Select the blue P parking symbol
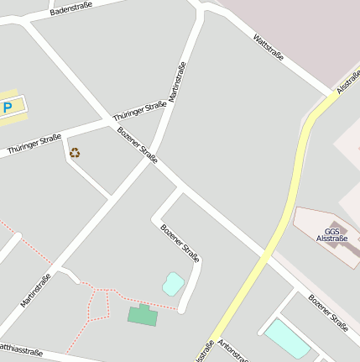pyautogui.click(x=8, y=107)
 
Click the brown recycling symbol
pyautogui.click(x=75, y=153)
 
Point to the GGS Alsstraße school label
pyautogui.click(x=331, y=234)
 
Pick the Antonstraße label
pyautogui.click(x=233, y=350)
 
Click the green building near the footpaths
pyautogui.click(x=143, y=315)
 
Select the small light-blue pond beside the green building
pyautogui.click(x=173, y=283)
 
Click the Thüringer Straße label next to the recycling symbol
pyautogui.click(x=34, y=144)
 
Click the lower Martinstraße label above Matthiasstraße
pyautogui.click(x=36, y=289)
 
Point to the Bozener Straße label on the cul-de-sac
pyautogui.click(x=180, y=243)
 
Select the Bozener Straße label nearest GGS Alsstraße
pyautogui.click(x=327, y=312)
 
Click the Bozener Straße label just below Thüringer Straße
pyautogui.click(x=138, y=144)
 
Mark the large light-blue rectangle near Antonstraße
pyautogui.click(x=287, y=338)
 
